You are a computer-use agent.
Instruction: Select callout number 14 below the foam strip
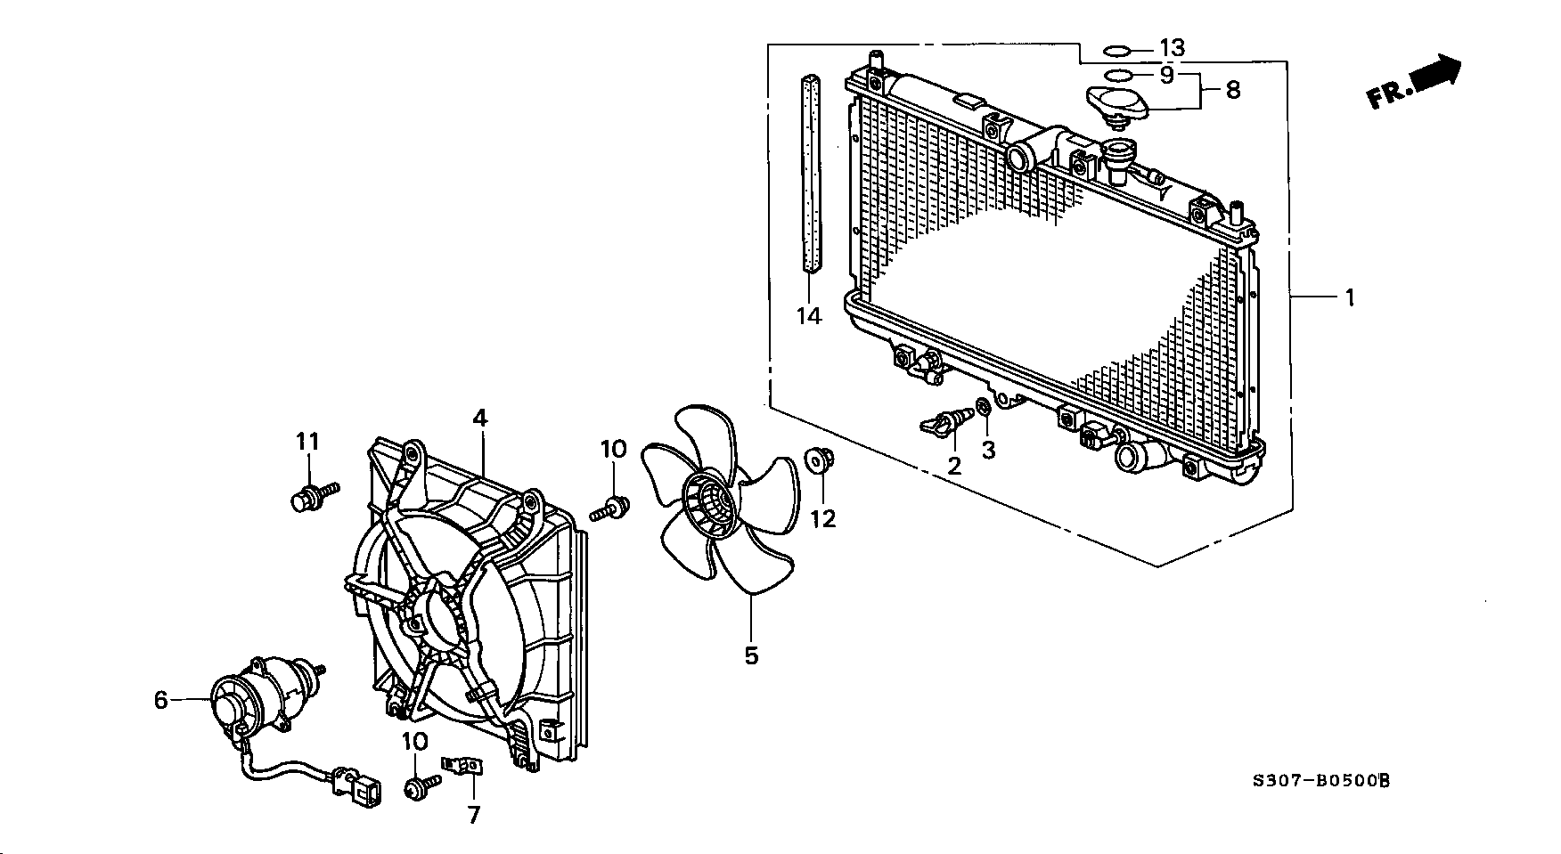point(809,316)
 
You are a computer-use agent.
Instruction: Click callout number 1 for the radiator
point(1350,297)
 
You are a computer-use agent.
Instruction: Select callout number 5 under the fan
point(751,656)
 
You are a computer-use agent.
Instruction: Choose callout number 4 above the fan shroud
point(480,418)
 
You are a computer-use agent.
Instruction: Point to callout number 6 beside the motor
point(160,701)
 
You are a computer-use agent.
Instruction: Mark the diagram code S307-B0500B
point(1321,781)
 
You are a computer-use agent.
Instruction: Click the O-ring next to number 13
point(1118,49)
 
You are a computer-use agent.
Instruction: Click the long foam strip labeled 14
point(810,173)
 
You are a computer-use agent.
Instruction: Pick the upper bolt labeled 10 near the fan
point(610,510)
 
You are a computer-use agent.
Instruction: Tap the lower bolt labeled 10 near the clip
point(421,787)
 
